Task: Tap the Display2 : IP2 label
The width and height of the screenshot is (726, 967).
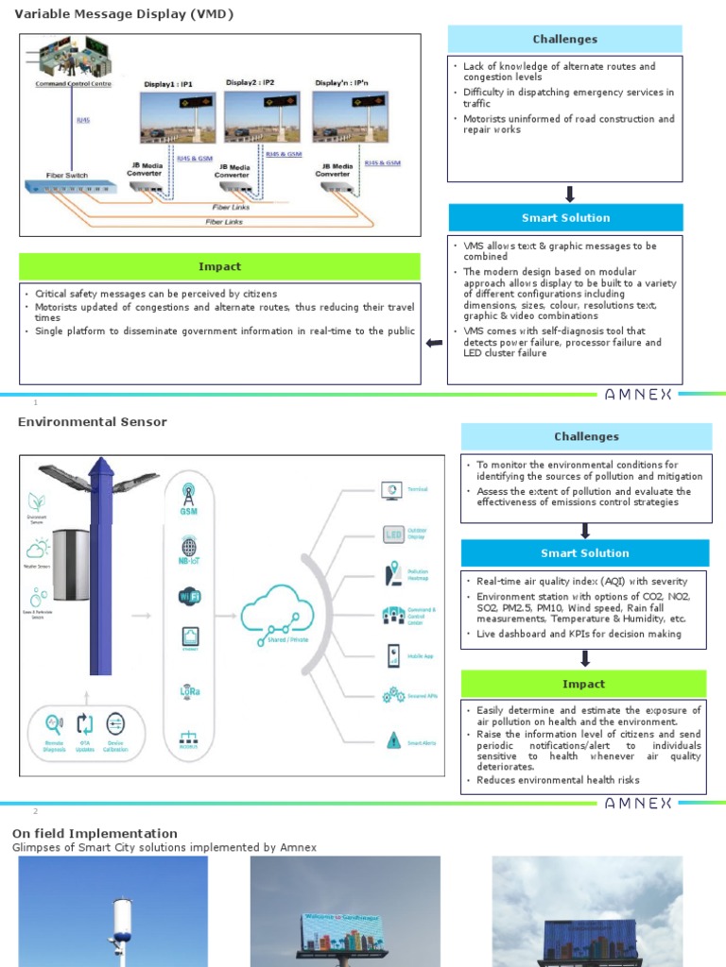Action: (x=250, y=83)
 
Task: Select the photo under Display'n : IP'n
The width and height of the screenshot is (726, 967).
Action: (x=351, y=117)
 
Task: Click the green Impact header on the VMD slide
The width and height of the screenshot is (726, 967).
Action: (x=219, y=266)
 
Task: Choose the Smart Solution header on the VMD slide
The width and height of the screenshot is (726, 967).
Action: (x=565, y=218)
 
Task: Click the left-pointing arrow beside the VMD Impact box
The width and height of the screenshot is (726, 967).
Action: (x=434, y=343)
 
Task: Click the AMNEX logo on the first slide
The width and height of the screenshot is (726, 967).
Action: (x=638, y=395)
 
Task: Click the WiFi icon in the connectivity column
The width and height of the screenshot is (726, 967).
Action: (x=189, y=596)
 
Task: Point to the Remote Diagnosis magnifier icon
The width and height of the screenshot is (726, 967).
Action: (x=54, y=724)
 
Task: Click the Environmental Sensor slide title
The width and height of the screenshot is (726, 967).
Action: (x=93, y=422)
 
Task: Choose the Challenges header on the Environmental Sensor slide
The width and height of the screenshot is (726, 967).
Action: (x=586, y=436)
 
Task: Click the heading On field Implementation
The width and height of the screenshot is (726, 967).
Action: (x=95, y=833)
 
